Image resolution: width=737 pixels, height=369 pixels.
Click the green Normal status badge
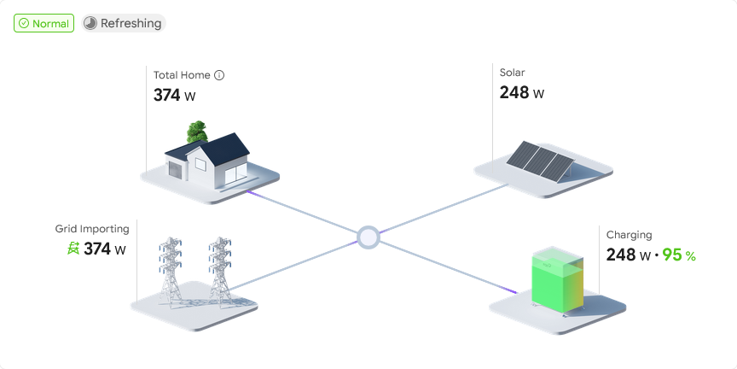pyautogui.click(x=44, y=23)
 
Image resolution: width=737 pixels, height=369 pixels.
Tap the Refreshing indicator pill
pyautogui.click(x=124, y=23)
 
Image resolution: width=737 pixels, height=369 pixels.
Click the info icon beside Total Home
pyautogui.click(x=219, y=75)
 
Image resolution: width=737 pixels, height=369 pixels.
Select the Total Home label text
pyautogui.click(x=182, y=75)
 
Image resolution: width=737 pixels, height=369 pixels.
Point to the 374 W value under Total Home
pyautogui.click(x=174, y=96)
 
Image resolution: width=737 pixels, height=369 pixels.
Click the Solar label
pyautogui.click(x=513, y=73)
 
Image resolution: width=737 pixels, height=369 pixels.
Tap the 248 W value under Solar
pyautogui.click(x=521, y=93)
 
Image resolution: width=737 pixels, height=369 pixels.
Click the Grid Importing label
pyautogui.click(x=92, y=229)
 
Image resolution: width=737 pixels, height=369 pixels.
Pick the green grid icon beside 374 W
pyautogui.click(x=73, y=249)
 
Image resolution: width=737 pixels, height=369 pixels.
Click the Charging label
pyautogui.click(x=629, y=234)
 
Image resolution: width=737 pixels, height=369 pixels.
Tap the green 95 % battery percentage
pyautogui.click(x=679, y=255)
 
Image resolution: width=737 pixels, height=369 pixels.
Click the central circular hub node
pyautogui.click(x=368, y=236)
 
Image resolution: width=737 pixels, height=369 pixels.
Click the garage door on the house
pyautogui.click(x=177, y=172)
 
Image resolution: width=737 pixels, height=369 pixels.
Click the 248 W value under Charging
pyautogui.click(x=628, y=255)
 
